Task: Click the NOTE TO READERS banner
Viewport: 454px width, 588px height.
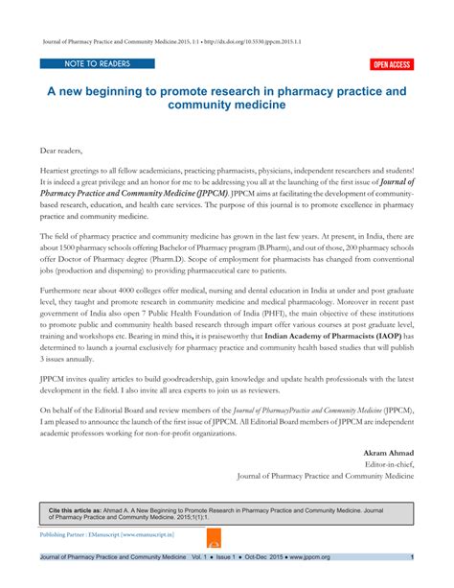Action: point(84,63)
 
